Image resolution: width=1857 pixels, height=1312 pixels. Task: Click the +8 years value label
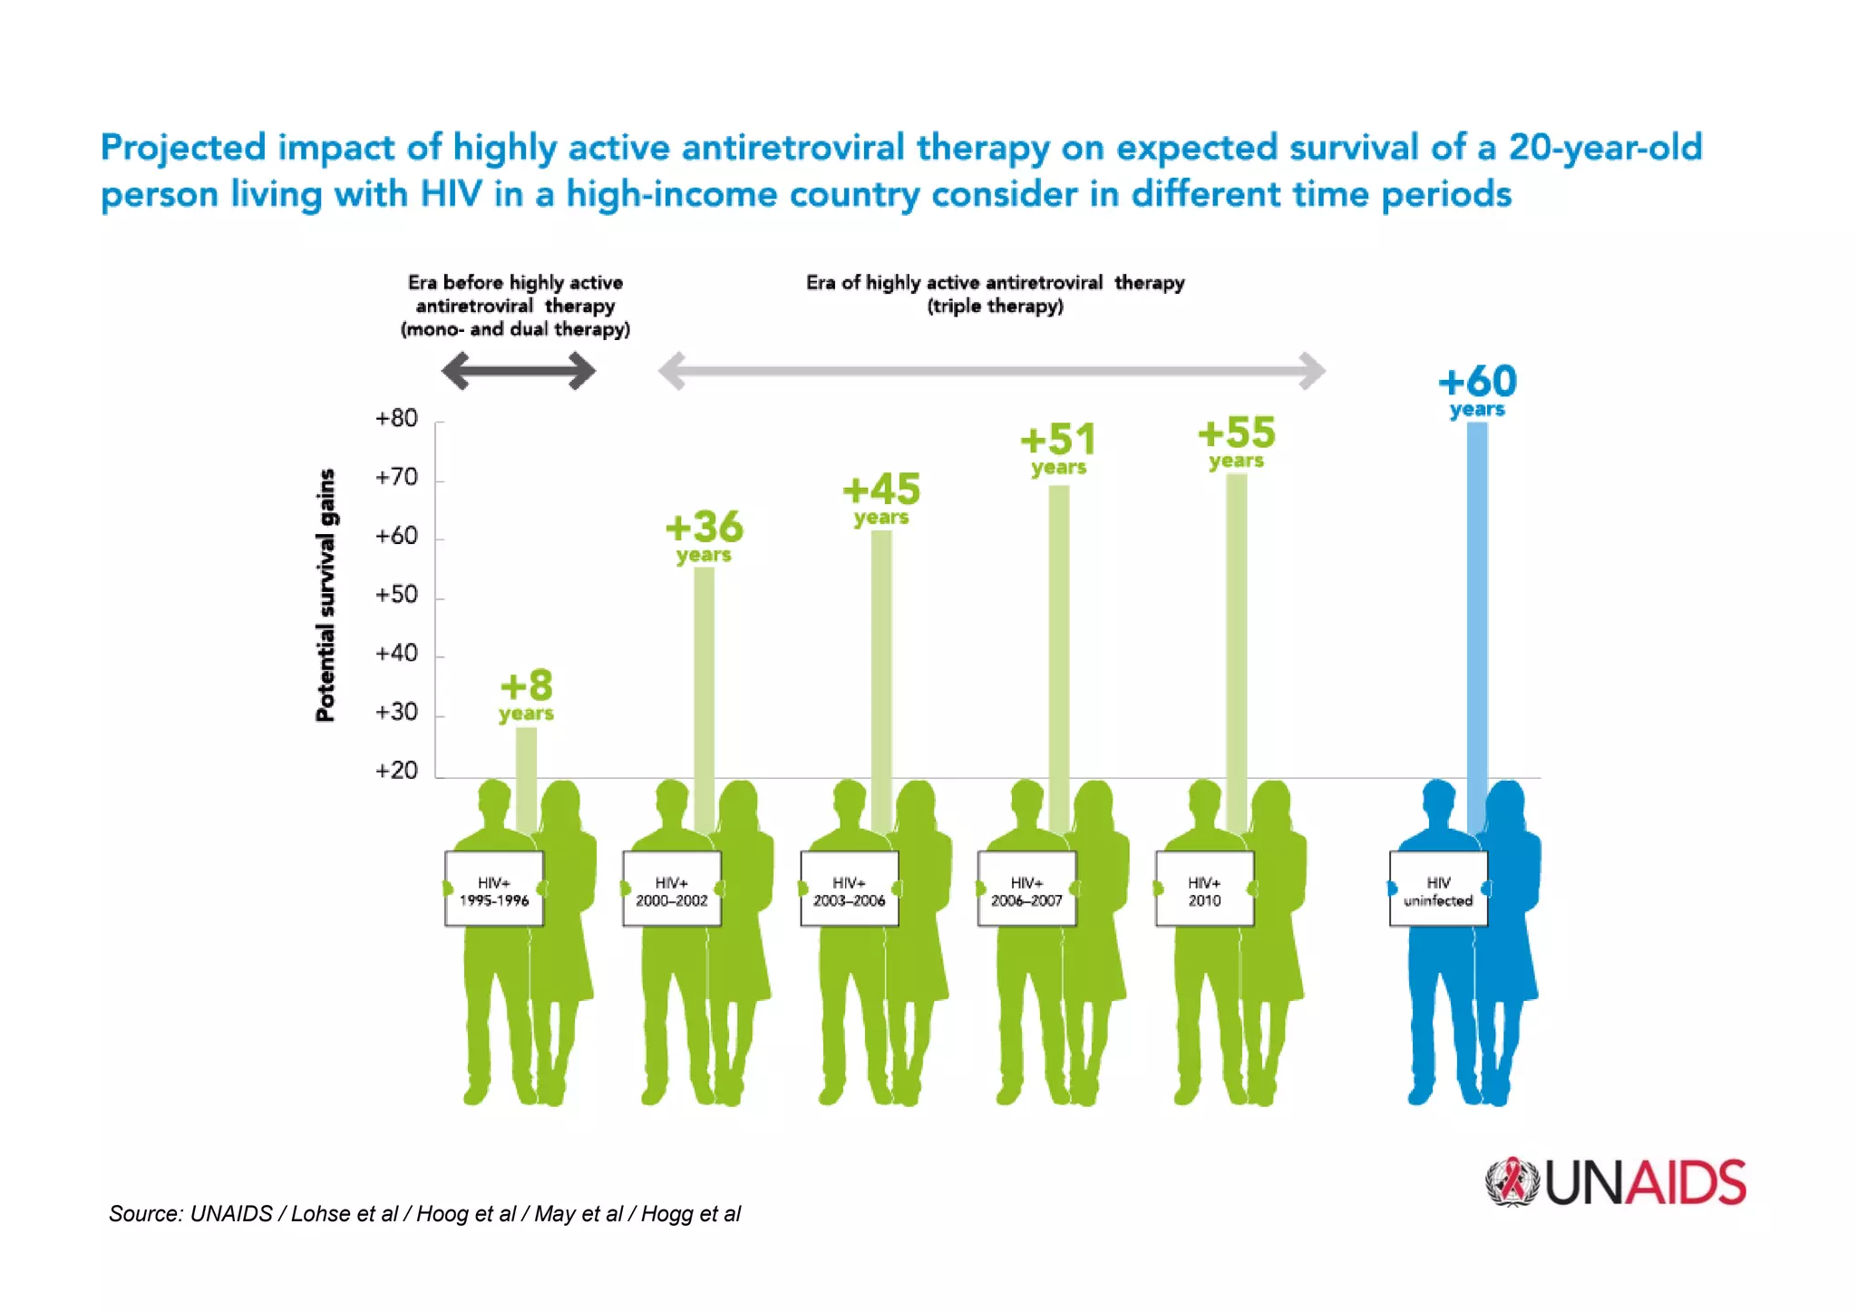click(x=526, y=695)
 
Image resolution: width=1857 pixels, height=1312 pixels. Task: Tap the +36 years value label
click(x=704, y=536)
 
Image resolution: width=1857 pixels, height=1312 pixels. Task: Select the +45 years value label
click(x=881, y=499)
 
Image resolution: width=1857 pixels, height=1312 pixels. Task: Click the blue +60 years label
click(x=1477, y=390)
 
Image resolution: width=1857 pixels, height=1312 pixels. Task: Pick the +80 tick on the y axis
click(x=397, y=419)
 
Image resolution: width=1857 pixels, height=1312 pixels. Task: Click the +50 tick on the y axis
click(x=397, y=595)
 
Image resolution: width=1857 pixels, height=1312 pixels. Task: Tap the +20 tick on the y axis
click(x=397, y=771)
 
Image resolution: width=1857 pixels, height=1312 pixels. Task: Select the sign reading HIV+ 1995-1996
click(x=494, y=889)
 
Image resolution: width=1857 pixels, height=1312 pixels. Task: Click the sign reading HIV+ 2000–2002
click(x=672, y=889)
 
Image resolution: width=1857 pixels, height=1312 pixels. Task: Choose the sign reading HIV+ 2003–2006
click(x=850, y=889)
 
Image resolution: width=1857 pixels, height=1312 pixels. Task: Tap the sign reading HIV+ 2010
click(x=1204, y=889)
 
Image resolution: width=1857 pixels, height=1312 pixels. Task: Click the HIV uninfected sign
click(x=1438, y=889)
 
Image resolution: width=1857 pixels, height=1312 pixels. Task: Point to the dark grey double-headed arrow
click(x=518, y=371)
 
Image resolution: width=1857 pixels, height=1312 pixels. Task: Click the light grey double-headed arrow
click(x=991, y=371)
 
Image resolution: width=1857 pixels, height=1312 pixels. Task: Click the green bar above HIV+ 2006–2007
click(x=1058, y=653)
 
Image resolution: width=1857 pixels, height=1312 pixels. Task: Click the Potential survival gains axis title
click(x=326, y=595)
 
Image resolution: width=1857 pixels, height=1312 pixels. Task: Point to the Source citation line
click(x=424, y=1214)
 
